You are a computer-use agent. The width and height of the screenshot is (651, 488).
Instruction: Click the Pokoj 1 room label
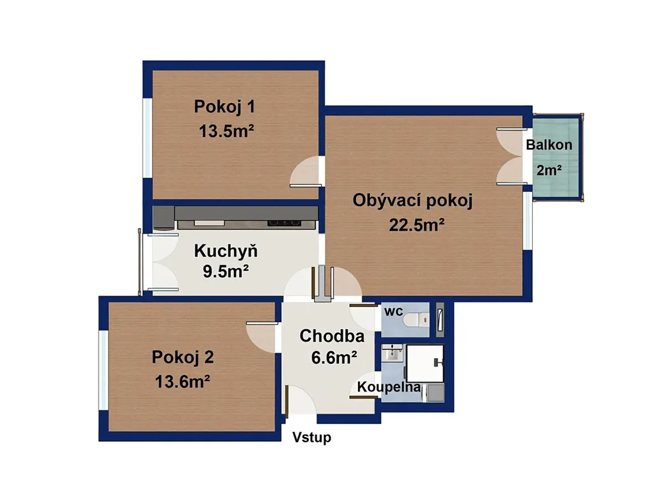click(x=224, y=107)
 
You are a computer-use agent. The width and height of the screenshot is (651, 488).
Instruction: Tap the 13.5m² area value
click(x=226, y=131)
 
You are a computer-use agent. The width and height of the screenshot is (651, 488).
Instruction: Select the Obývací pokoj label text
click(x=413, y=201)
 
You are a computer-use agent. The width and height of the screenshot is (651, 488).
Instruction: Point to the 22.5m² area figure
click(x=417, y=225)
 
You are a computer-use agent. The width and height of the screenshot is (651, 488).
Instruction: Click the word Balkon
click(x=549, y=145)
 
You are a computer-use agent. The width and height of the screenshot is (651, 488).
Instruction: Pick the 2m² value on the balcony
click(x=549, y=170)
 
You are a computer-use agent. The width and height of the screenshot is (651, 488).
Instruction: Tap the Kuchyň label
click(x=226, y=250)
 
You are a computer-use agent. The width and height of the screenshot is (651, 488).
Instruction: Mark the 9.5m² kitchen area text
click(x=226, y=271)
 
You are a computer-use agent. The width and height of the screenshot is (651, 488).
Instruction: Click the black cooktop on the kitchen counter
click(x=284, y=223)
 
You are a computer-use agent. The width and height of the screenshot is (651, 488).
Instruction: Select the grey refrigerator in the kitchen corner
click(x=163, y=218)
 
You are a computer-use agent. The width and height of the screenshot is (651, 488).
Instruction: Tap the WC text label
click(x=394, y=311)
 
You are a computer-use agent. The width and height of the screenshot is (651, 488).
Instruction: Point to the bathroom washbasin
click(x=392, y=353)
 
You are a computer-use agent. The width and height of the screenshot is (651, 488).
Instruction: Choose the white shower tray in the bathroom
click(x=425, y=363)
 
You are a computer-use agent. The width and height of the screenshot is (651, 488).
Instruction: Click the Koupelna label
click(x=389, y=387)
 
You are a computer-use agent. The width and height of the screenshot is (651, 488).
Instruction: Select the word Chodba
click(x=332, y=336)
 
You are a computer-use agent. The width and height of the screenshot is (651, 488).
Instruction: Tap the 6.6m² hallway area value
click(x=334, y=357)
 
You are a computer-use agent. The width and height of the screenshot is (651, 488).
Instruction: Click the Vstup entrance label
click(x=312, y=437)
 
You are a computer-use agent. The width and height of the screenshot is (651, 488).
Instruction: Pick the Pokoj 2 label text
click(x=182, y=357)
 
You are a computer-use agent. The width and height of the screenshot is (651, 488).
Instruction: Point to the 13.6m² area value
click(x=182, y=381)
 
